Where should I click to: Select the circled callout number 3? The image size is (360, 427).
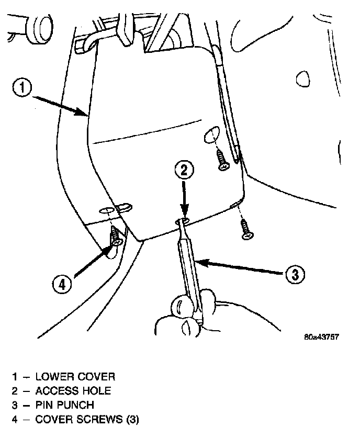click(x=295, y=274)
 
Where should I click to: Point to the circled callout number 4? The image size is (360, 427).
click(x=62, y=284)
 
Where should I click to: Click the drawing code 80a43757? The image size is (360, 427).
click(x=321, y=336)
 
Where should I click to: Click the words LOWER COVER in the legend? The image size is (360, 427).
click(x=75, y=377)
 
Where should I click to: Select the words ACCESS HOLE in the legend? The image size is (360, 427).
click(x=73, y=391)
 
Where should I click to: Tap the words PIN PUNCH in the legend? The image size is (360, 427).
click(x=65, y=405)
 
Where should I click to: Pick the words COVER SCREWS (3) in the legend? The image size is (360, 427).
click(x=87, y=419)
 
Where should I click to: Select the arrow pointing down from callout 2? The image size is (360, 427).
click(x=184, y=199)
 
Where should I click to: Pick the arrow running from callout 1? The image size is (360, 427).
click(x=60, y=103)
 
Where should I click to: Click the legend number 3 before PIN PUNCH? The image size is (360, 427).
click(x=16, y=405)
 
